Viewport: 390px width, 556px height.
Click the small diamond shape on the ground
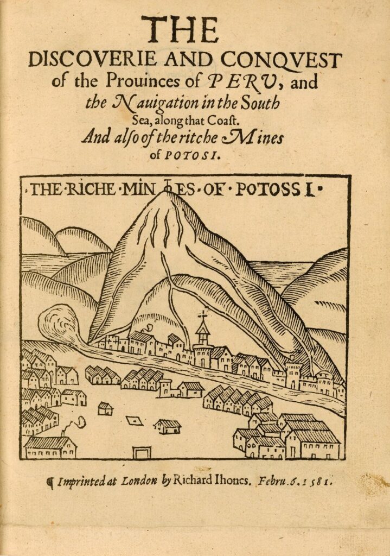tap(134, 421)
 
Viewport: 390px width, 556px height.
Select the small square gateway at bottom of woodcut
tap(142, 452)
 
